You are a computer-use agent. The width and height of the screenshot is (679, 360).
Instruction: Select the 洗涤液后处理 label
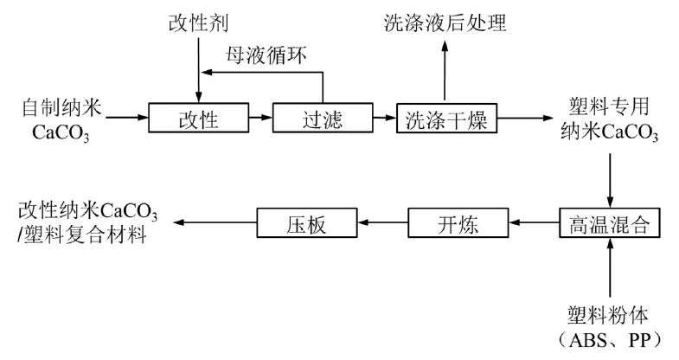[445, 21]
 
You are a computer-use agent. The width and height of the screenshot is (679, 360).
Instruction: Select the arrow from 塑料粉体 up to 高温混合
[612, 269]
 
